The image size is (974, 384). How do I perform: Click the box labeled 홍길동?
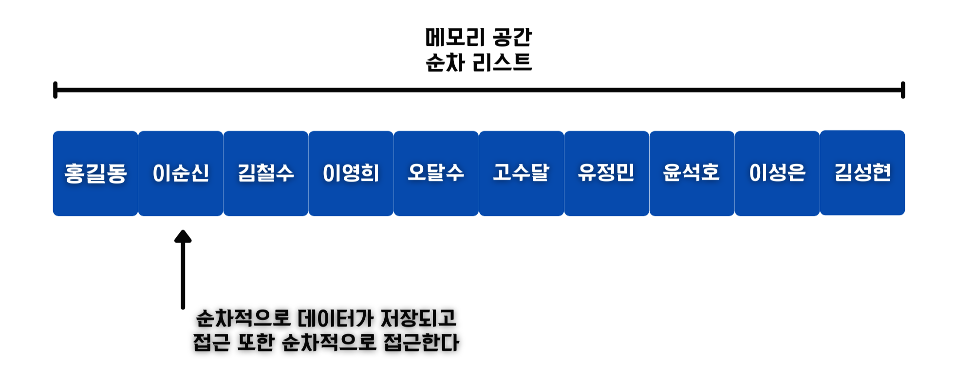[x=95, y=173]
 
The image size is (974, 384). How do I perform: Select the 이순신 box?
[x=181, y=173]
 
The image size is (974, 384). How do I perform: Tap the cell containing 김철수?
[x=266, y=173]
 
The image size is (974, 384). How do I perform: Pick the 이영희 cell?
[x=351, y=173]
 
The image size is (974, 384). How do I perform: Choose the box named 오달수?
[x=436, y=173]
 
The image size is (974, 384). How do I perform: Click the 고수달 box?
[x=522, y=173]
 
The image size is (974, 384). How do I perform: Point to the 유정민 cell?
[x=607, y=173]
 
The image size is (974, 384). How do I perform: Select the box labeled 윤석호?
[x=692, y=173]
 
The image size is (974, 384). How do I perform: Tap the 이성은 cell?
[x=777, y=173]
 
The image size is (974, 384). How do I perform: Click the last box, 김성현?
[x=862, y=173]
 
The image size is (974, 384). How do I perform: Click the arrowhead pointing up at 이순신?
[x=183, y=237]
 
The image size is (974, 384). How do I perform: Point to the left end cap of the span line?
[x=56, y=90]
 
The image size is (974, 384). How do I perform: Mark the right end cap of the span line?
[x=903, y=90]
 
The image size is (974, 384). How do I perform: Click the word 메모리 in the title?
[x=455, y=38]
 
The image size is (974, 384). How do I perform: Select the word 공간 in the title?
[x=512, y=38]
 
